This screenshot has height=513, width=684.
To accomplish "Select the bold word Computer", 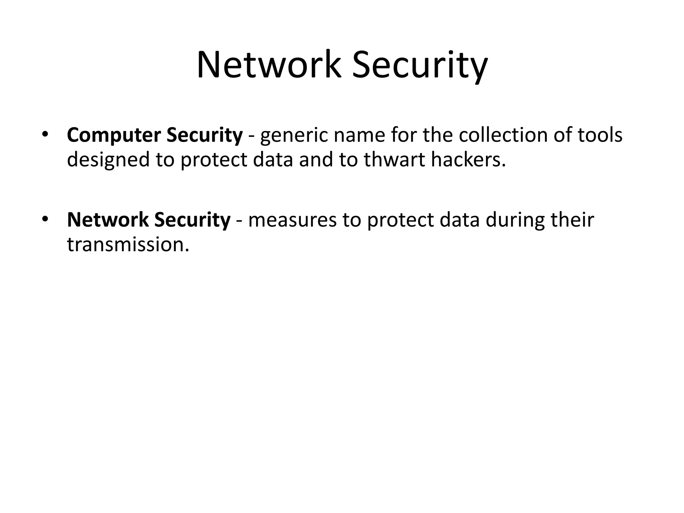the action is pyautogui.click(x=114, y=136).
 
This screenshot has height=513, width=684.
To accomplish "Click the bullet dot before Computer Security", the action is pyautogui.click(x=45, y=135).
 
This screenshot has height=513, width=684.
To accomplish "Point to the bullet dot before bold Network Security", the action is pyautogui.click(x=45, y=219).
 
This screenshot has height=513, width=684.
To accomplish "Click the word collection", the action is pyautogui.click(x=504, y=135).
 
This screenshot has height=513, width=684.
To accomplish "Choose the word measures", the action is pyautogui.click(x=292, y=220).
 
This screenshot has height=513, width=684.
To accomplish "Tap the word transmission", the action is pyautogui.click(x=128, y=244).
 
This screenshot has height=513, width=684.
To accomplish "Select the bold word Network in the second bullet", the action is pyautogui.click(x=108, y=220).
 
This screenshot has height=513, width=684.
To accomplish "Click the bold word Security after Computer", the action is pyautogui.click(x=204, y=136).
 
